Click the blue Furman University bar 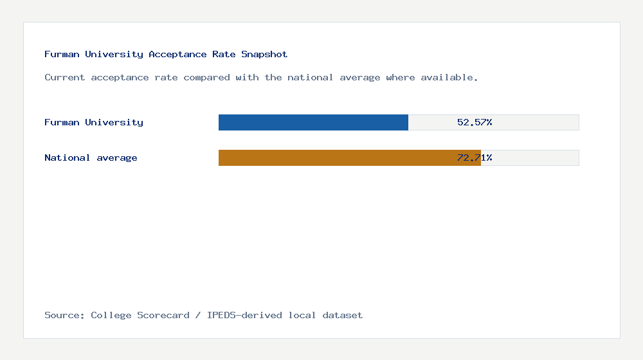313,122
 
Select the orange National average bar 349,157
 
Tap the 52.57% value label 475,122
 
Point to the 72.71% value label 475,157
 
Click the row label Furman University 94,122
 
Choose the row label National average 91,157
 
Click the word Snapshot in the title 264,54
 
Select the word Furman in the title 62,54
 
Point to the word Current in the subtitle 65,77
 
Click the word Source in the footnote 64,315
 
